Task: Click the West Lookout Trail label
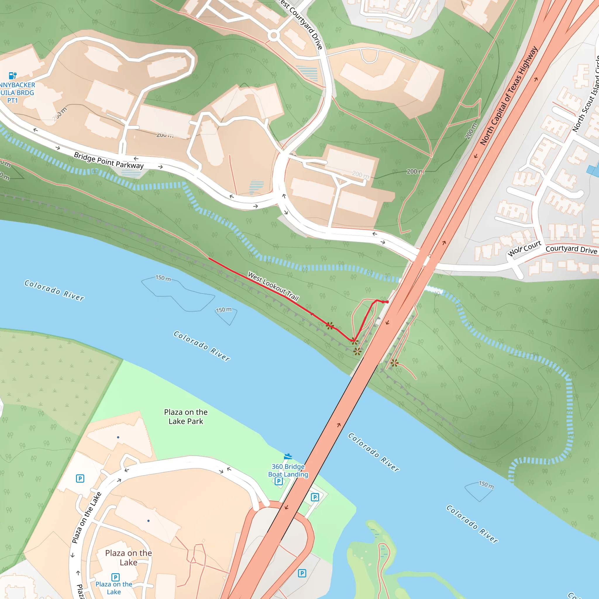273,286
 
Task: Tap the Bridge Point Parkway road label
109,160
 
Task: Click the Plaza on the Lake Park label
186,416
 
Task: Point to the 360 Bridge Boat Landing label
288,470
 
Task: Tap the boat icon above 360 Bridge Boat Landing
288,456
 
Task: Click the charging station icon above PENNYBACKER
12,75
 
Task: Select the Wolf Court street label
524,248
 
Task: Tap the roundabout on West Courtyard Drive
273,36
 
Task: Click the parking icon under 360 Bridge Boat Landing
278,481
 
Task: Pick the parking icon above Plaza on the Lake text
115,577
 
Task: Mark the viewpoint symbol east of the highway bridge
394,363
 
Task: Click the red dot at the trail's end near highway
387,302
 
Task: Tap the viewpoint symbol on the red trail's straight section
330,326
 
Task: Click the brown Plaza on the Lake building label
128,557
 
